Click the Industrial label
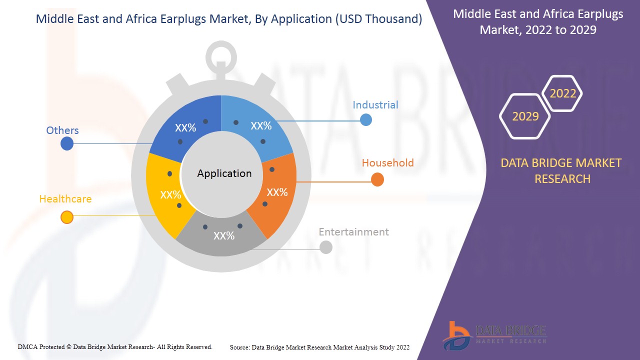click(x=375, y=105)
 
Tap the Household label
click(x=387, y=163)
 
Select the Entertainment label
click(x=353, y=232)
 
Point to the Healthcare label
click(x=65, y=199)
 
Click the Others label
click(x=62, y=130)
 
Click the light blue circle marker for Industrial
click(x=366, y=120)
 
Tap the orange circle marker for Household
click(x=377, y=180)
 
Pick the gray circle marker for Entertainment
click(x=325, y=247)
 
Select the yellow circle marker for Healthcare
click(x=66, y=217)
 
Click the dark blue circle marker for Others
click(x=66, y=144)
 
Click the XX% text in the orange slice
click(x=277, y=192)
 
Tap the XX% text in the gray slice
click(x=224, y=236)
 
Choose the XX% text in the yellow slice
click(x=170, y=195)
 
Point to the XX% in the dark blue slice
click(x=185, y=128)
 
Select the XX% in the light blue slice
click(x=261, y=126)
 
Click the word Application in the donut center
click(x=224, y=173)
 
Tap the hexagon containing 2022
click(x=562, y=93)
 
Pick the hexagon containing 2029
click(x=525, y=116)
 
